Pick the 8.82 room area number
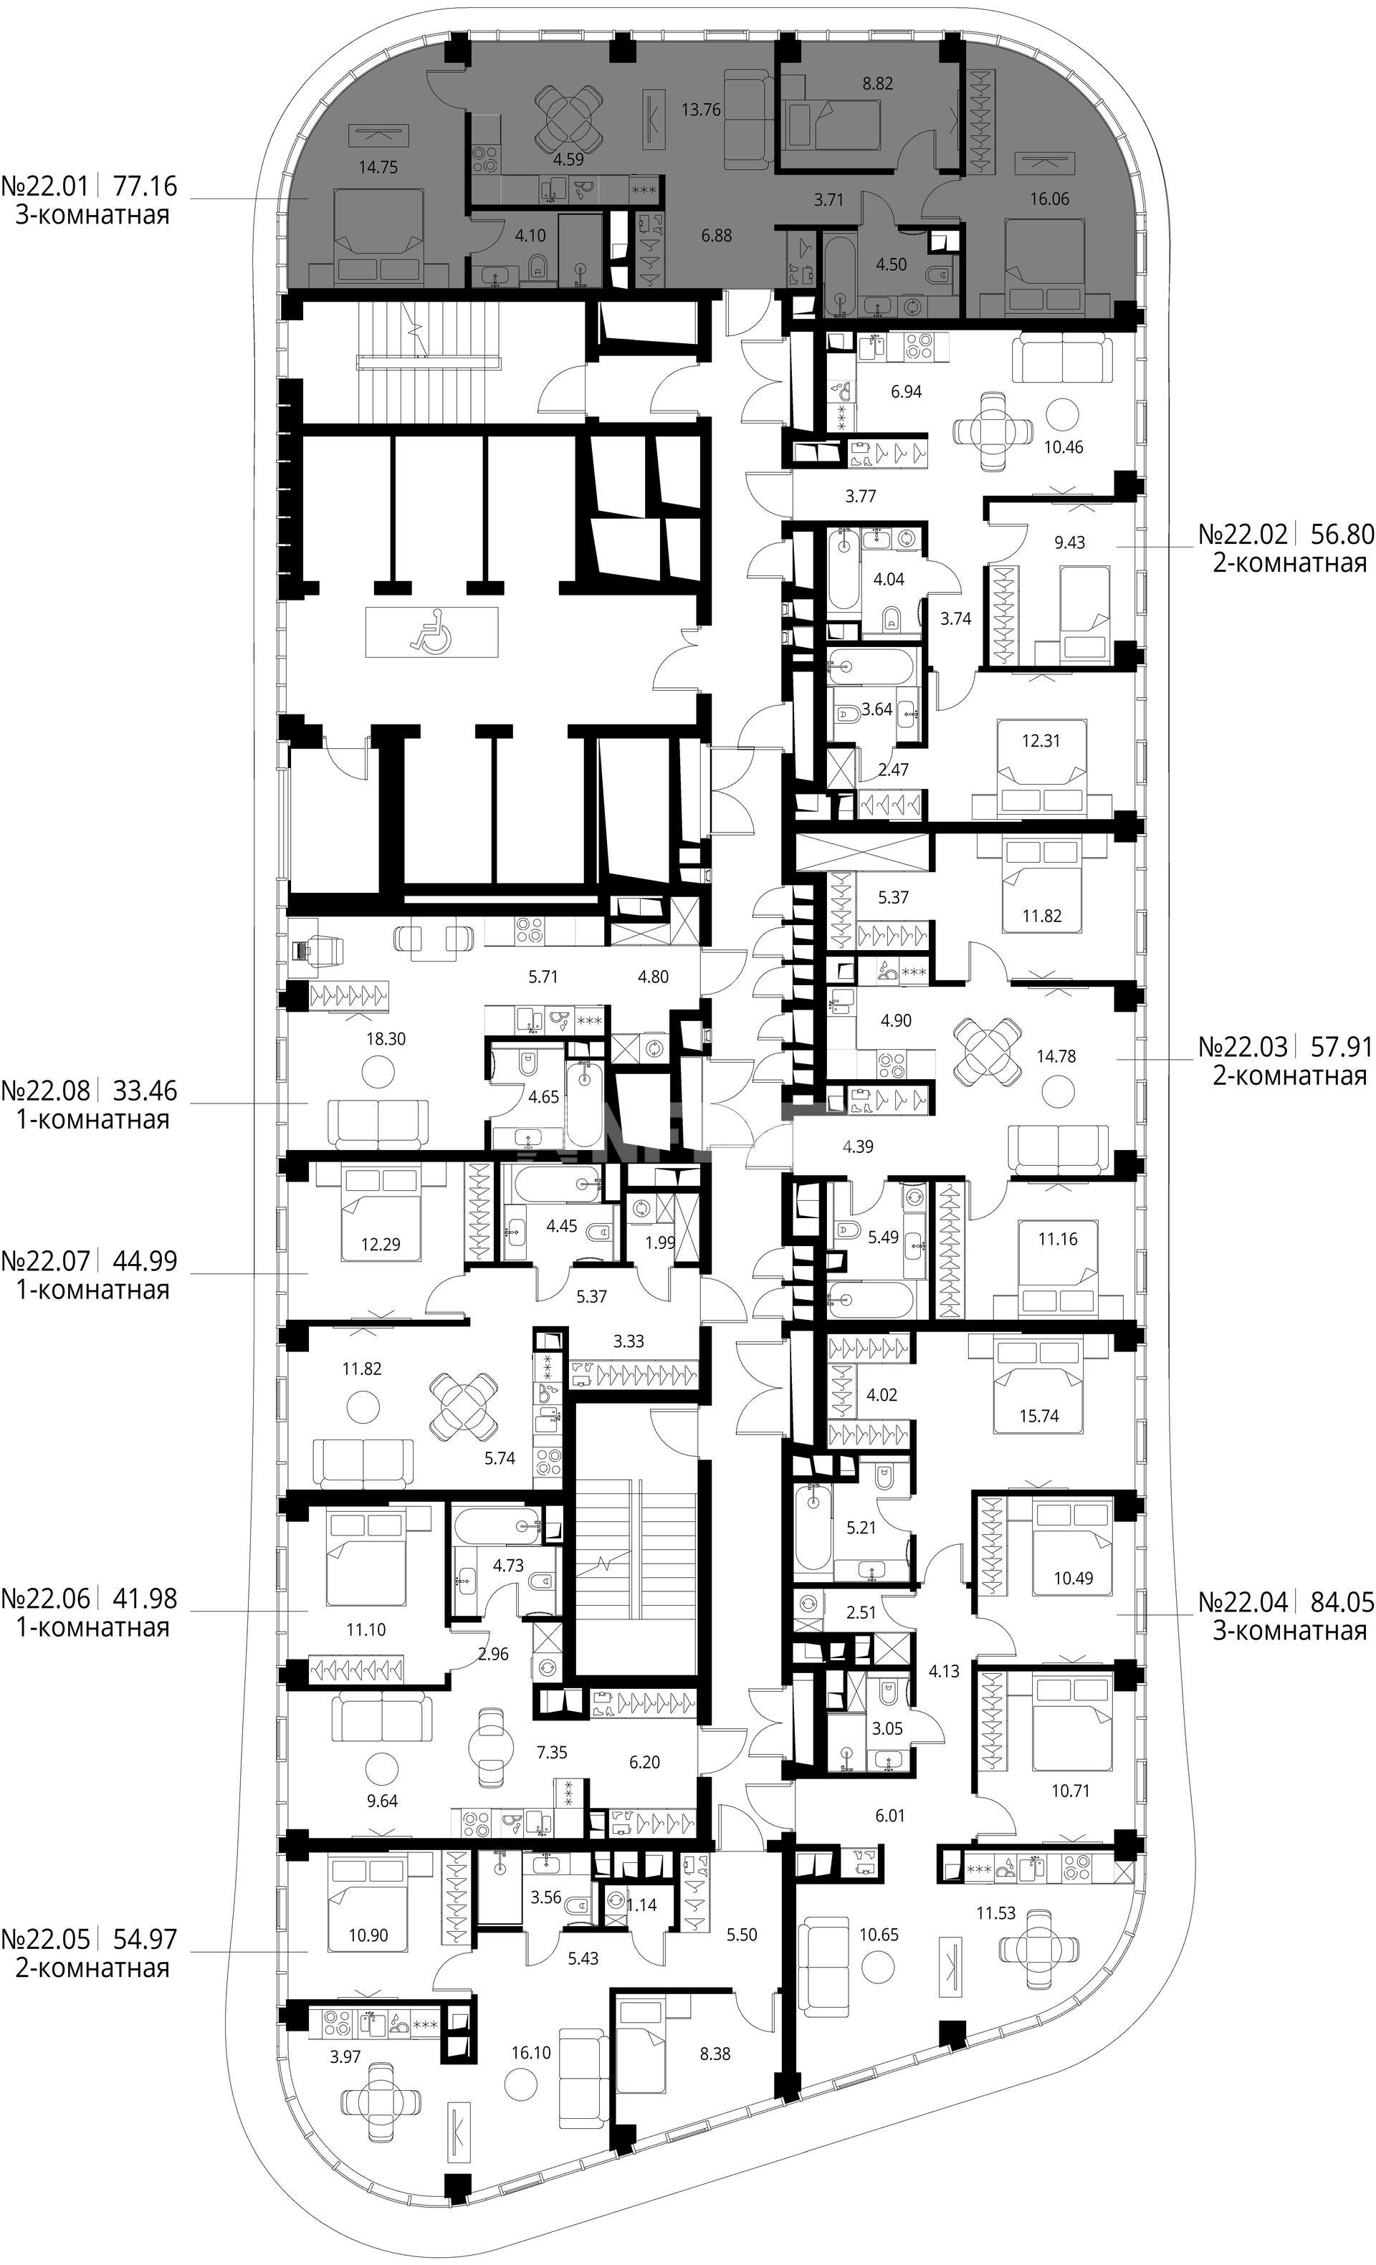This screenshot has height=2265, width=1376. point(877,82)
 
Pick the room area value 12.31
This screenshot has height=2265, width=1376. point(1041,740)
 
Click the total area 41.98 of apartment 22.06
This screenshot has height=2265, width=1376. point(143,1599)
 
